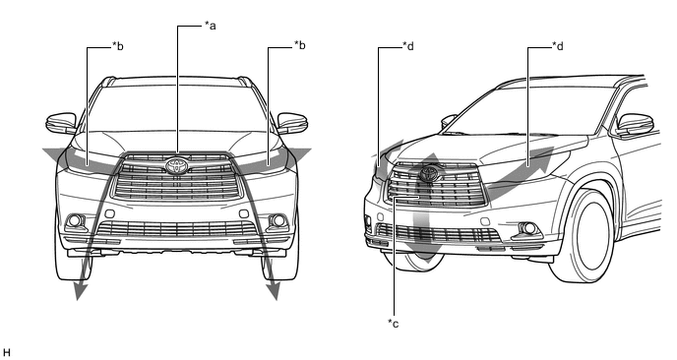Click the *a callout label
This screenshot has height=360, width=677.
(x=211, y=26)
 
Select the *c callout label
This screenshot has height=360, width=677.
(x=393, y=324)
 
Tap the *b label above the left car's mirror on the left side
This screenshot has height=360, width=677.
(x=118, y=46)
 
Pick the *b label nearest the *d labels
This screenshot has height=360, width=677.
(x=300, y=45)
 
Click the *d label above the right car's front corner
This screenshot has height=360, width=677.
(x=408, y=46)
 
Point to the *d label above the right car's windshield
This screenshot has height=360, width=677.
(x=558, y=46)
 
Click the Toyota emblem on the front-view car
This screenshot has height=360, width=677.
(x=177, y=166)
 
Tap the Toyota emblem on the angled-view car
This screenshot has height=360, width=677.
(x=428, y=173)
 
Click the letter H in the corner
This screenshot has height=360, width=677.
(x=6, y=353)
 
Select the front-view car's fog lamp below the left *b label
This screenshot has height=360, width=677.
(x=75, y=220)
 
